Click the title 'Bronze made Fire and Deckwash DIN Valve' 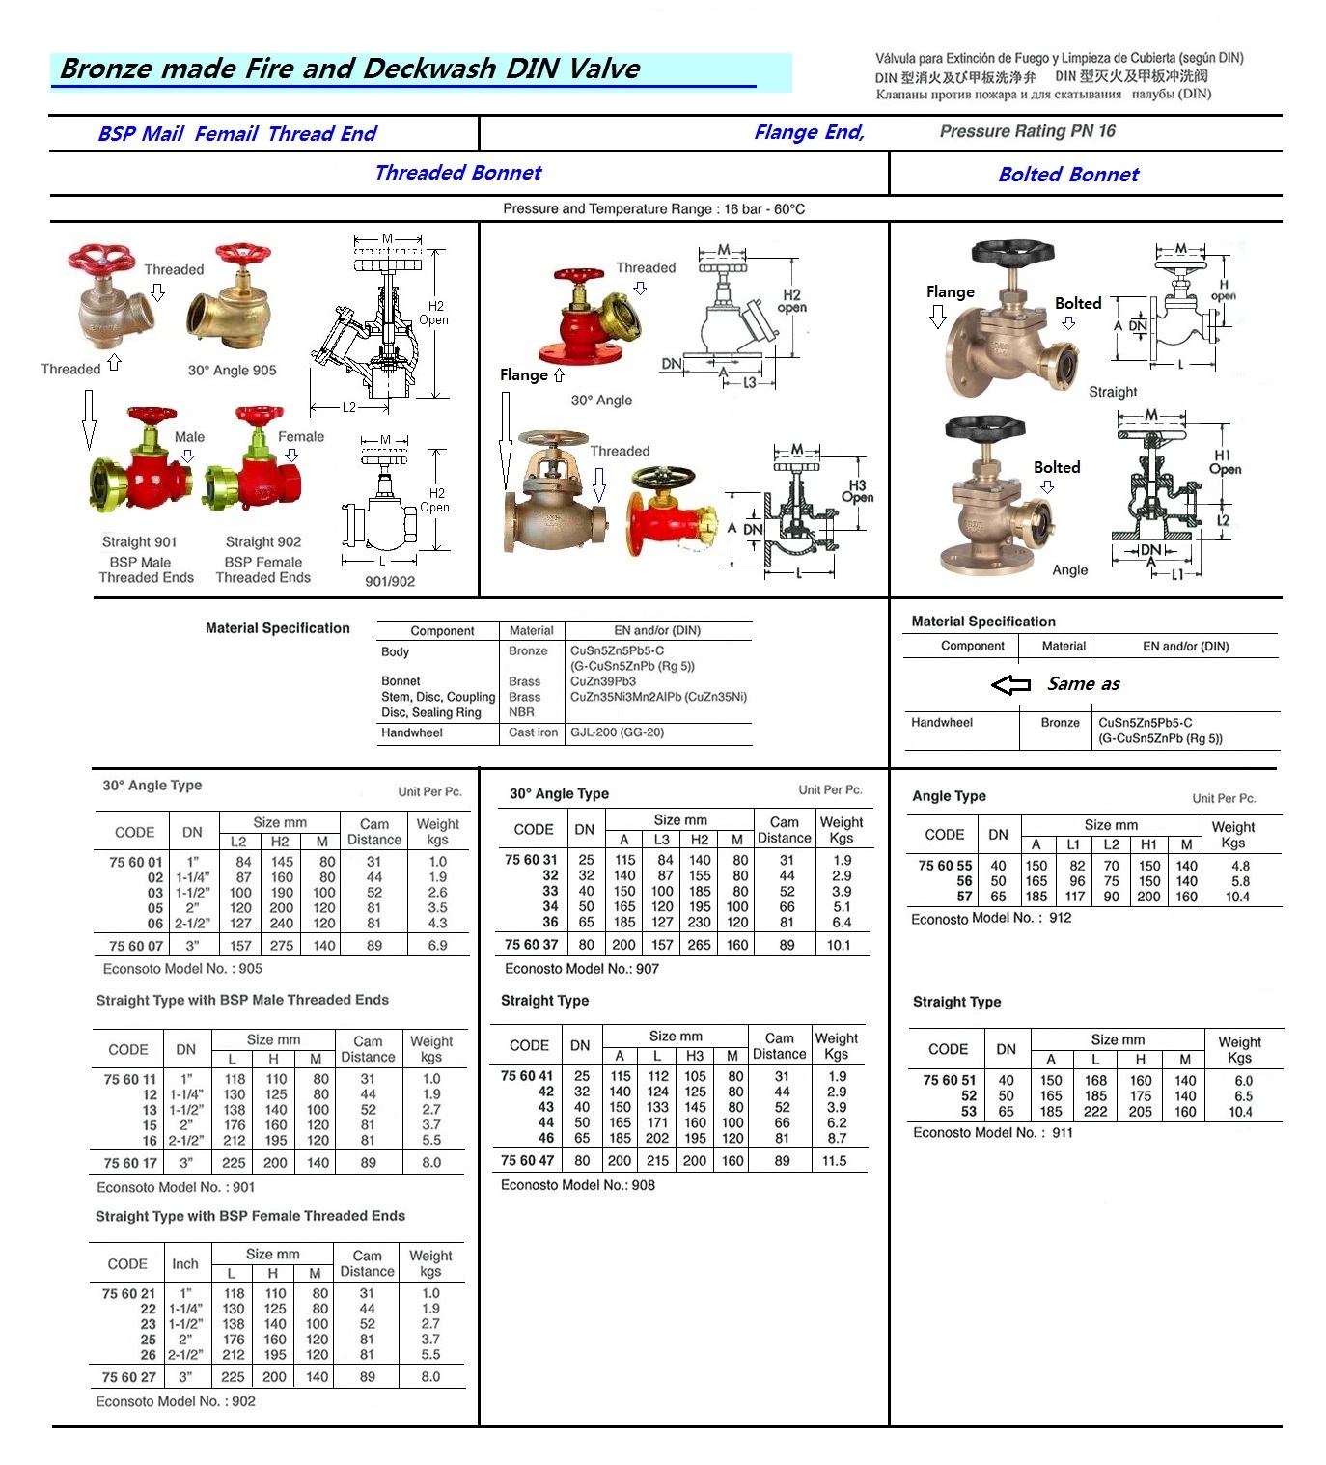click(x=349, y=69)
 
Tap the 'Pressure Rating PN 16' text click(x=1027, y=131)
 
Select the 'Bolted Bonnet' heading click(x=1068, y=175)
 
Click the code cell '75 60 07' click(x=136, y=946)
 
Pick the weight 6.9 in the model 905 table click(x=437, y=946)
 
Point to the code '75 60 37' click(x=531, y=944)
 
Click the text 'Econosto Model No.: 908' click(x=577, y=1185)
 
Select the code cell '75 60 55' click(x=945, y=866)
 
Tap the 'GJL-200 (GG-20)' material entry click(x=617, y=732)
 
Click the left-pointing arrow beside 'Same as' click(x=1010, y=684)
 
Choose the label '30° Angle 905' click(x=232, y=371)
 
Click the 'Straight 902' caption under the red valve click(x=262, y=542)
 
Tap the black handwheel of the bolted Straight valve click(x=1005, y=255)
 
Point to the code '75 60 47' click(x=527, y=1161)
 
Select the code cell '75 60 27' click(x=128, y=1377)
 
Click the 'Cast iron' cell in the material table click(x=533, y=732)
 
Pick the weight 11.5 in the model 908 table click(x=835, y=1161)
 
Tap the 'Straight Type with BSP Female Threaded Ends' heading click(x=250, y=1216)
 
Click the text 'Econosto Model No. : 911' click(x=992, y=1132)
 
